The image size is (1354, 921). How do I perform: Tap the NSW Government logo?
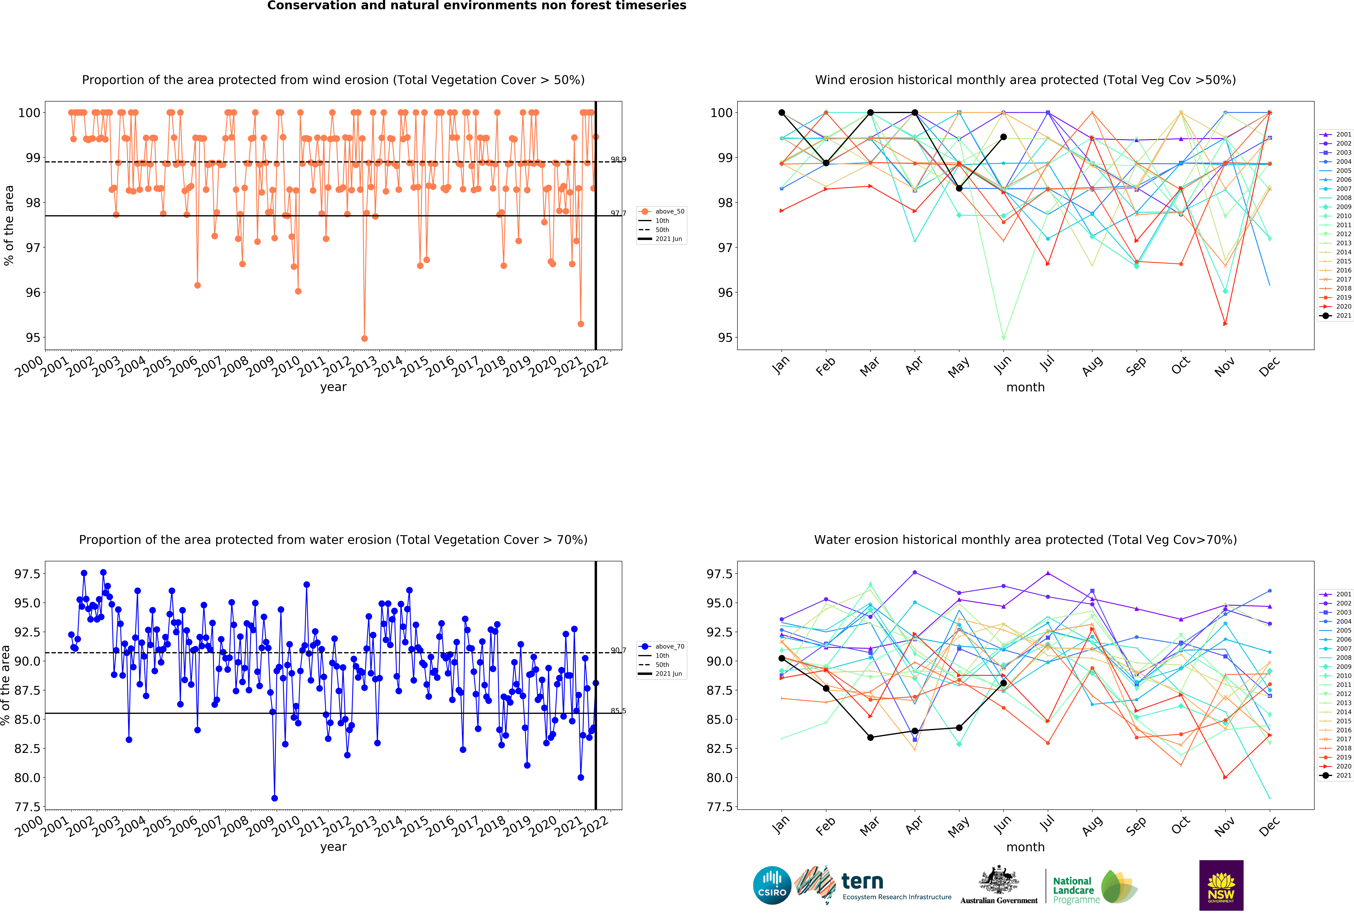1221,885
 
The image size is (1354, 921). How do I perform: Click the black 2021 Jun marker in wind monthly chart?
1003,137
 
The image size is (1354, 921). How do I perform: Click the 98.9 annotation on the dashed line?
618,159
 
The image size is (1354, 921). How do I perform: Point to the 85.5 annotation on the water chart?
618,711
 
